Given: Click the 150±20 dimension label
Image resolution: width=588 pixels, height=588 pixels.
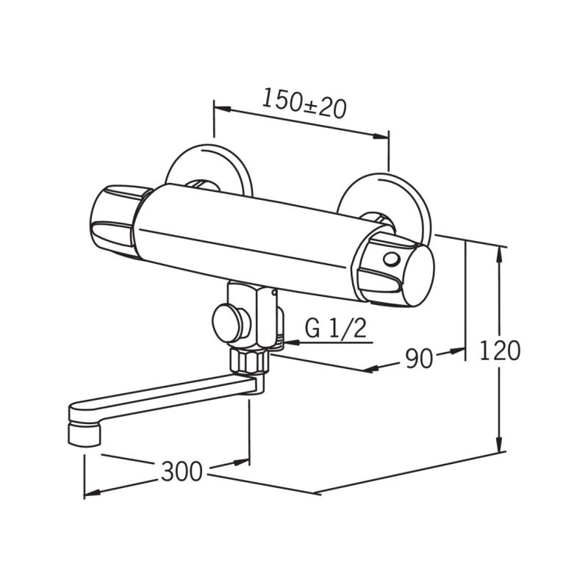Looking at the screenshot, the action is (x=304, y=104).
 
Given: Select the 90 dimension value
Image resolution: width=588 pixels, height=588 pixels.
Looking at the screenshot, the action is (x=419, y=358).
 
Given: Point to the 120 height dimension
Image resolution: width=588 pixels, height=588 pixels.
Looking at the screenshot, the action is (x=500, y=351).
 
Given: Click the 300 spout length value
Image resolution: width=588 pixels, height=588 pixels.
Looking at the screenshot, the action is (x=182, y=471).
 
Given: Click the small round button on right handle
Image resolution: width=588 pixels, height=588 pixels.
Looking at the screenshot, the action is (x=391, y=259).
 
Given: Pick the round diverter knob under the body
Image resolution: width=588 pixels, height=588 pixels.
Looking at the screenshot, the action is (x=228, y=323).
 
